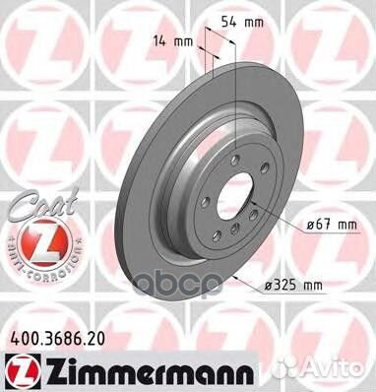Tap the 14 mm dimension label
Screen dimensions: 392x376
pyautogui.click(x=174, y=42)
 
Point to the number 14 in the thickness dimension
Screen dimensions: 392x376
pyautogui.click(x=164, y=42)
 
